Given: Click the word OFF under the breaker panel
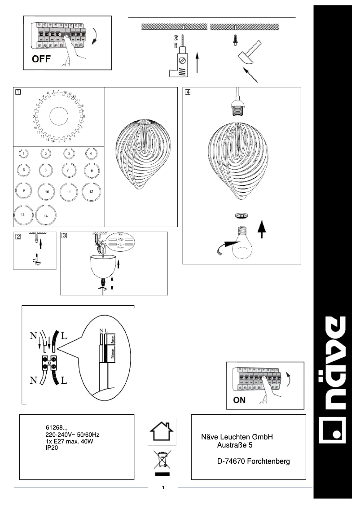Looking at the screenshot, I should click(x=41, y=59).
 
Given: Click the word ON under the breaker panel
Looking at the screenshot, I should click(x=239, y=400).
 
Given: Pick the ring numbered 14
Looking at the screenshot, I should click(x=46, y=215).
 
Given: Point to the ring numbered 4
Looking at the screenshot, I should click(x=91, y=154).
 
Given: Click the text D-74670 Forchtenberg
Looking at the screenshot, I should click(x=253, y=461).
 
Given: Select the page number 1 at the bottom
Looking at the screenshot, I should click(x=163, y=488).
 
